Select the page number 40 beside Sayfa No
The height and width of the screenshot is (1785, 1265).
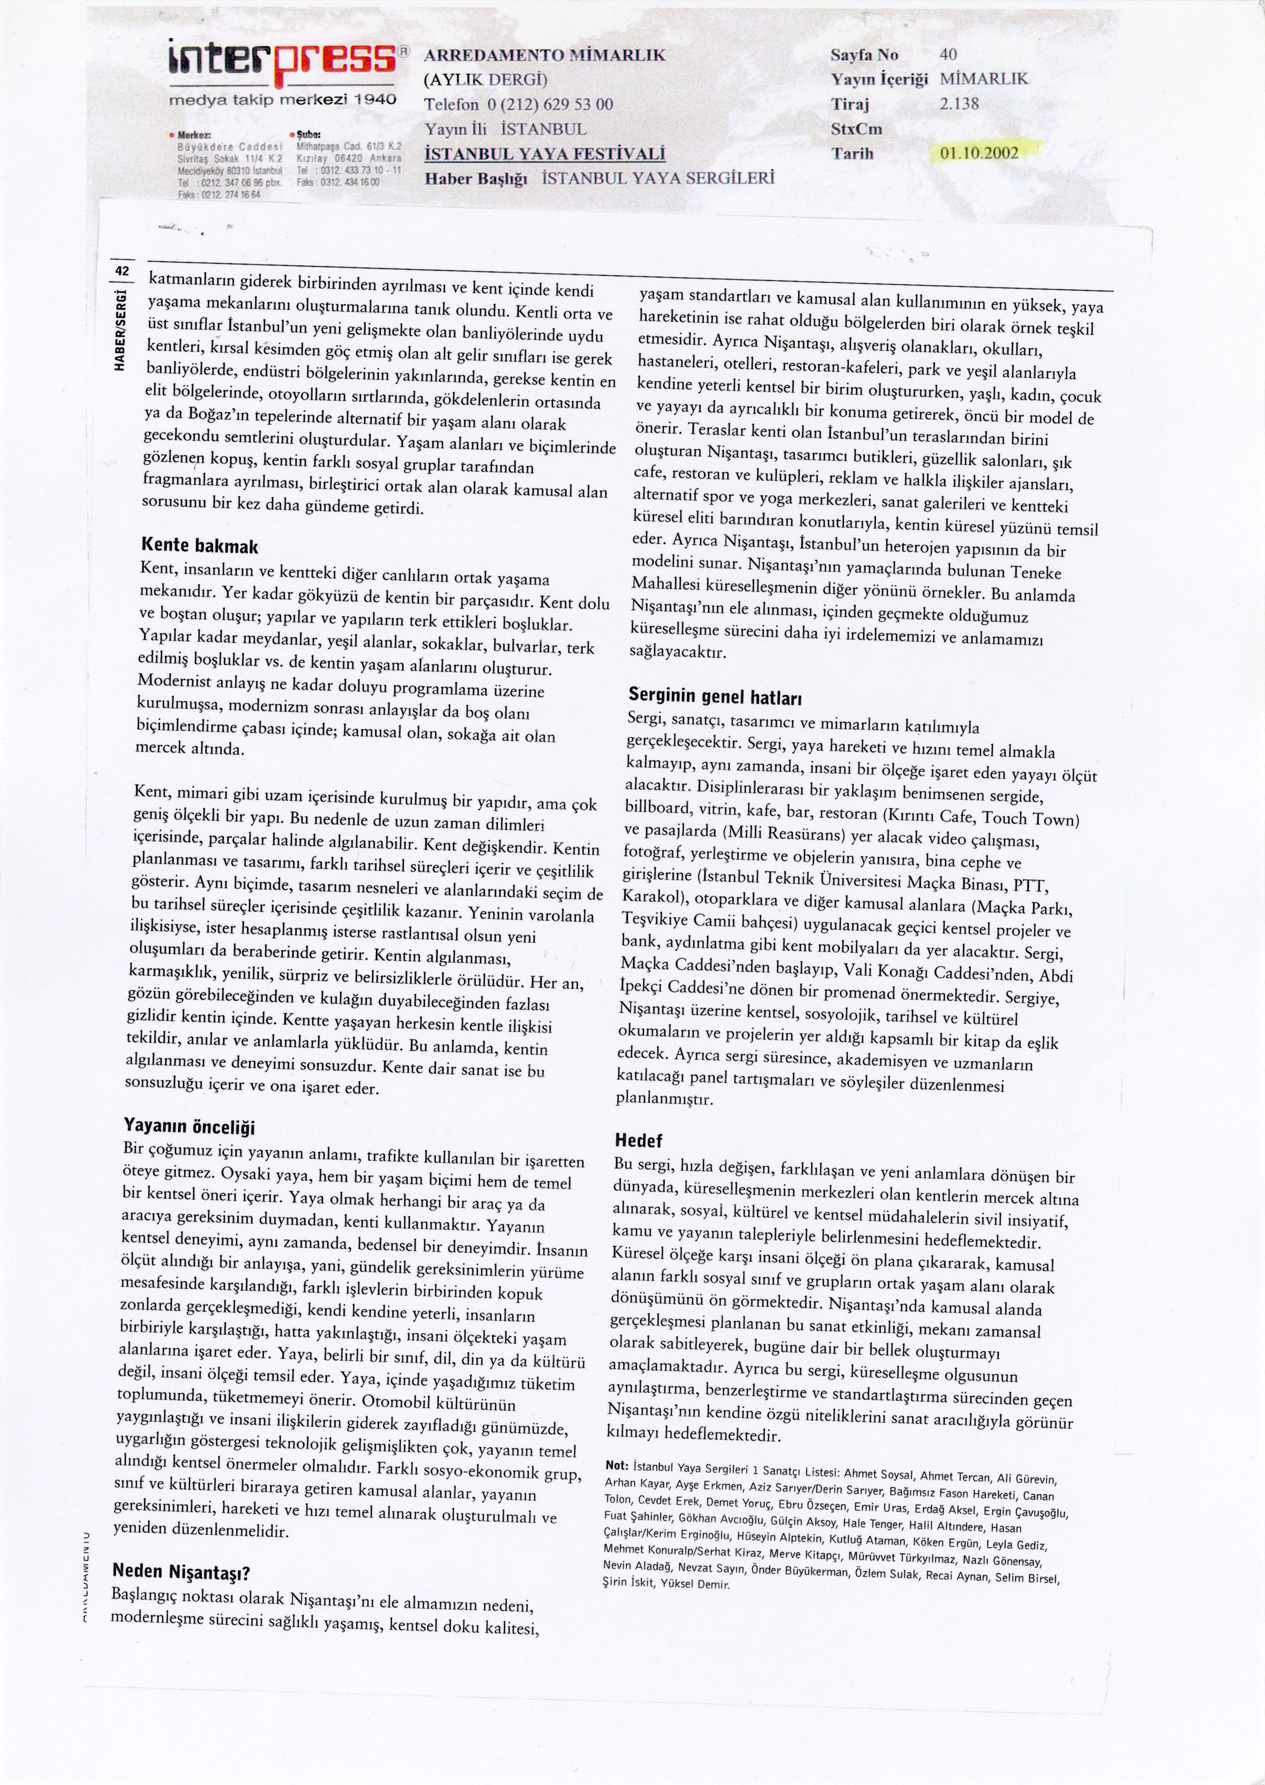point(948,54)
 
